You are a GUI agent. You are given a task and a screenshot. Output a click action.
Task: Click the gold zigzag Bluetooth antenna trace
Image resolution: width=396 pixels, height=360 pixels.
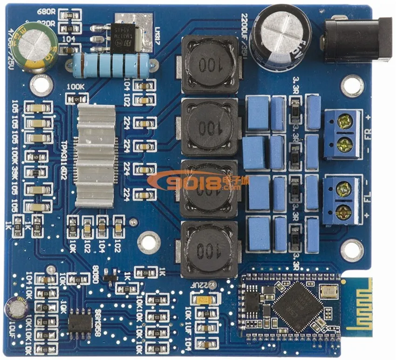tap(358, 306)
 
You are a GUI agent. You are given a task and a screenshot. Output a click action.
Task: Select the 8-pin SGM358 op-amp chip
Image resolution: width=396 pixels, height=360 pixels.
tap(80, 323)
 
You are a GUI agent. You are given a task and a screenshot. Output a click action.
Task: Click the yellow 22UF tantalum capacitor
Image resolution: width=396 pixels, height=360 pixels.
tap(205, 299)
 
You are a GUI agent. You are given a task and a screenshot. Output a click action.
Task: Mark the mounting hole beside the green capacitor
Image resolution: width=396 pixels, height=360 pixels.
tap(41, 85)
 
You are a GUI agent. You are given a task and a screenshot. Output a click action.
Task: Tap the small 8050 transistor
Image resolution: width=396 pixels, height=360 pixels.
tap(110, 276)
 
